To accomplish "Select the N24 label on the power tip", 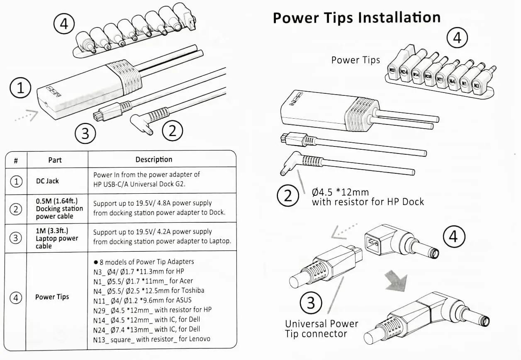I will (x=403, y=72).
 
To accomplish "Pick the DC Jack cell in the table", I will (x=47, y=181).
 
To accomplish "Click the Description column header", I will (x=153, y=160).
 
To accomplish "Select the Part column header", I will (x=55, y=160).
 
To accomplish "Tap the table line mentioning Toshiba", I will (x=149, y=290).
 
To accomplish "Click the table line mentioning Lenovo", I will (x=151, y=339).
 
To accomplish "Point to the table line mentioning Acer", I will (x=143, y=281).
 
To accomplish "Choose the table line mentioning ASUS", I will (x=142, y=300).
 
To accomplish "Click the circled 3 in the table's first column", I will (x=16, y=238).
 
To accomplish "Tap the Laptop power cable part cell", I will (x=57, y=238).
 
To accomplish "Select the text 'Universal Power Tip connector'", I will (x=321, y=328).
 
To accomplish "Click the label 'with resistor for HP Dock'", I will (x=368, y=202).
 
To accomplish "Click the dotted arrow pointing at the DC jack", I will (x=25, y=116).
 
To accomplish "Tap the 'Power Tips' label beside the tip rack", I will (x=355, y=60).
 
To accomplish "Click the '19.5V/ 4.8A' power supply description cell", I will (x=159, y=208).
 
